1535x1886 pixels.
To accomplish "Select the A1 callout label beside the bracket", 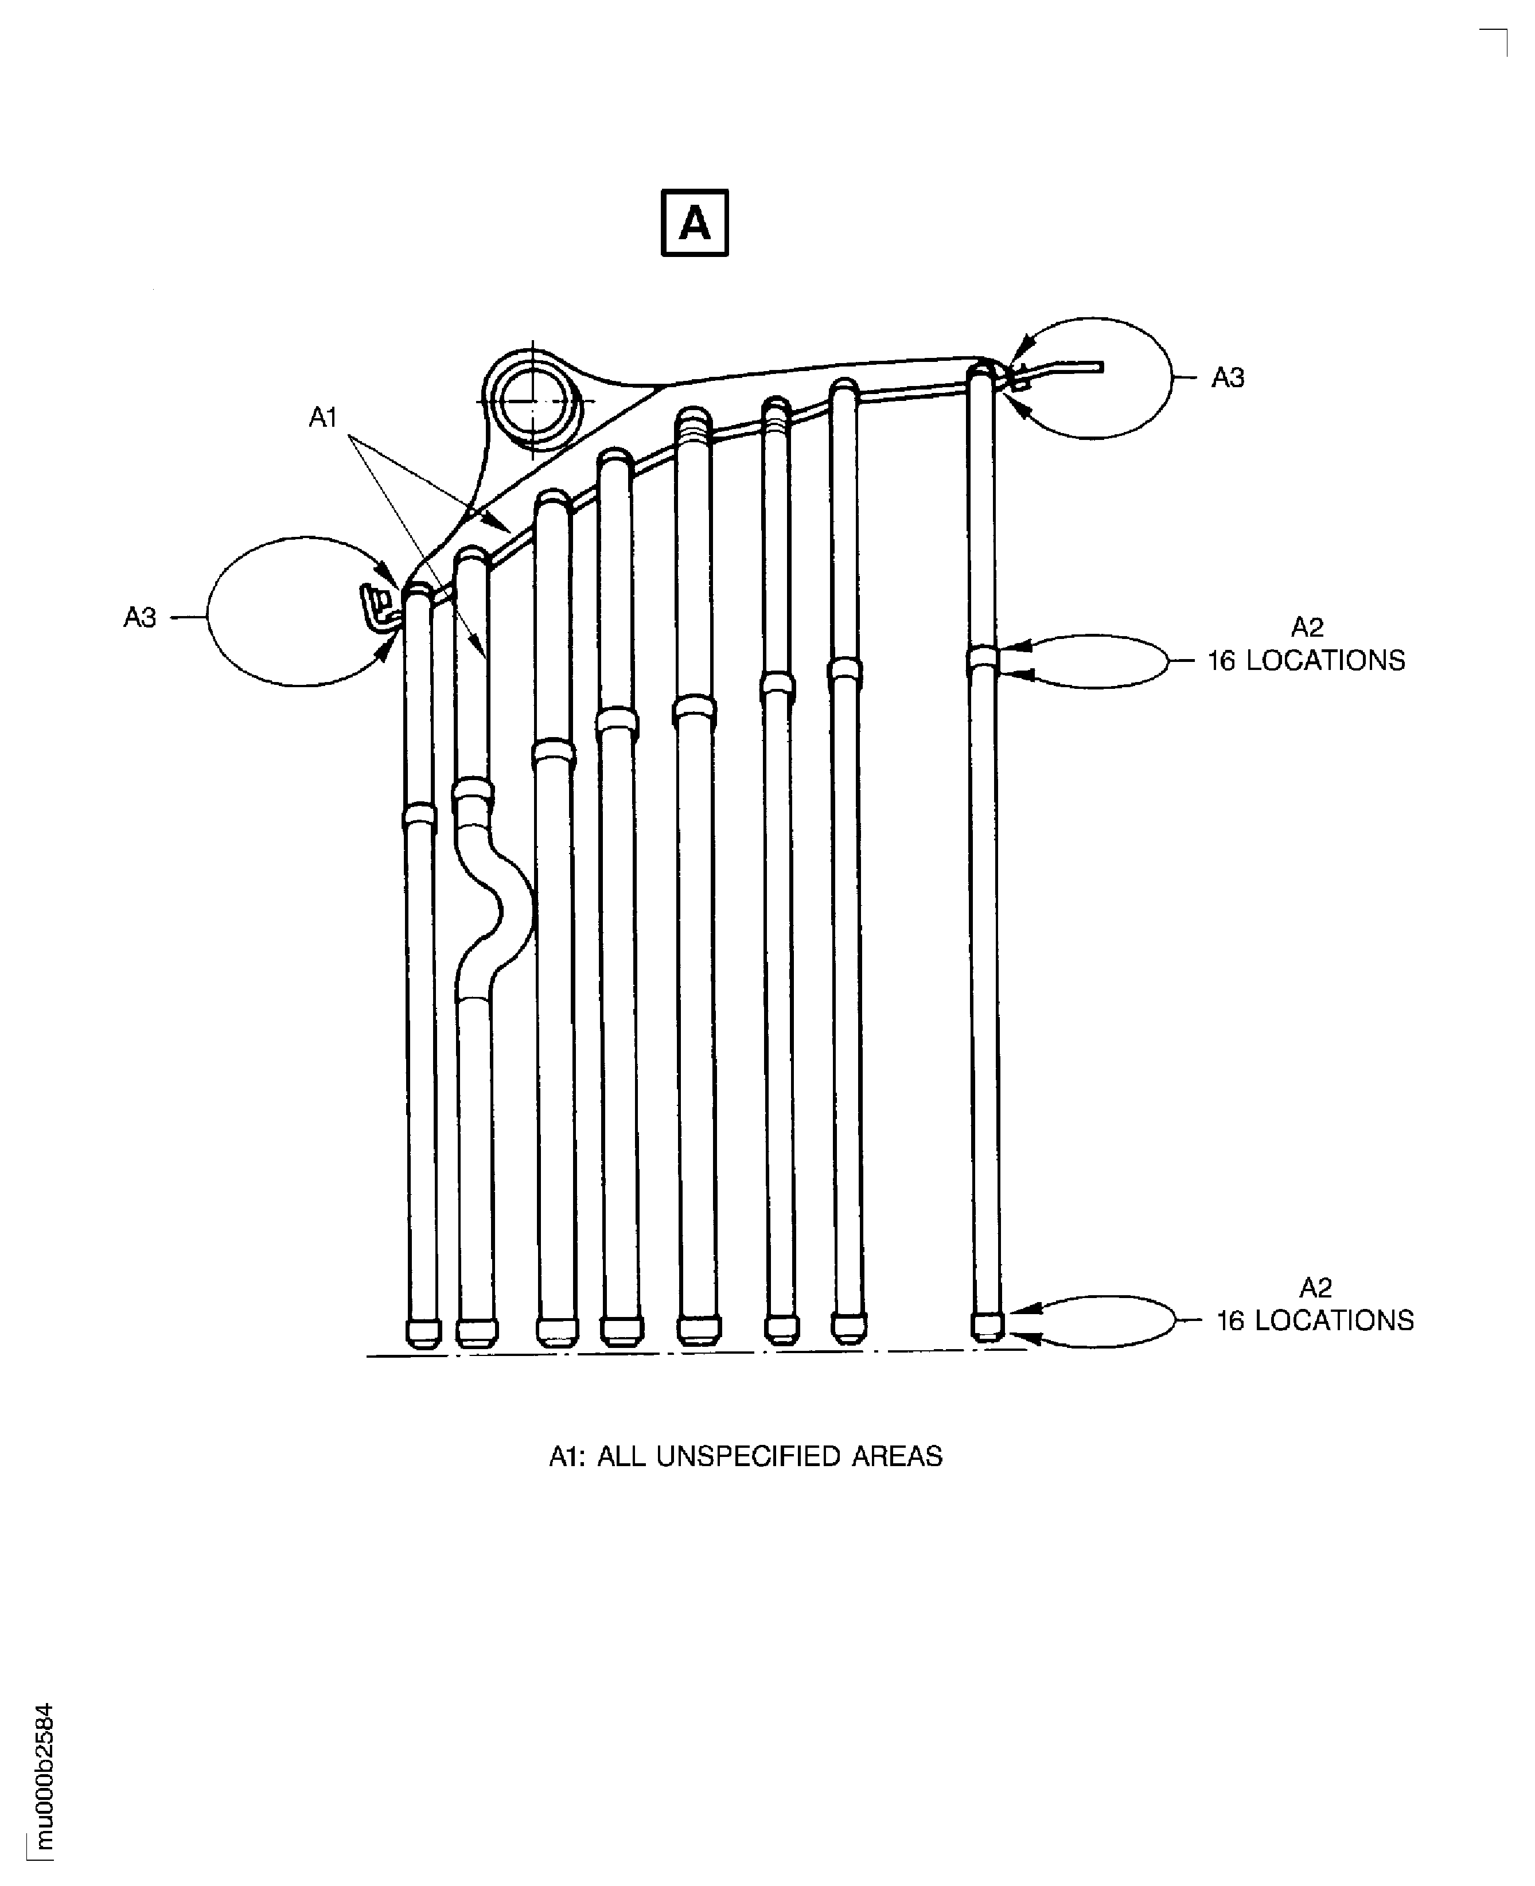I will pyautogui.click(x=323, y=418).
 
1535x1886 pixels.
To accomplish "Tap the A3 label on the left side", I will pyautogui.click(x=140, y=617).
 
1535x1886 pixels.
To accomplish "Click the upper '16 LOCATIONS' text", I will pyautogui.click(x=1306, y=660).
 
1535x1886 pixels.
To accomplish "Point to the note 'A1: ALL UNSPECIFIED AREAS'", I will pyautogui.click(x=745, y=1456).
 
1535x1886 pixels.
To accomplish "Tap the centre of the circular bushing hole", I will pyautogui.click(x=532, y=400).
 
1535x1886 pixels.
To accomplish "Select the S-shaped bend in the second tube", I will pyautogui.click(x=500, y=911).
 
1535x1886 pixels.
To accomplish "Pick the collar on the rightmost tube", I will pyautogui.click(x=981, y=658).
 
